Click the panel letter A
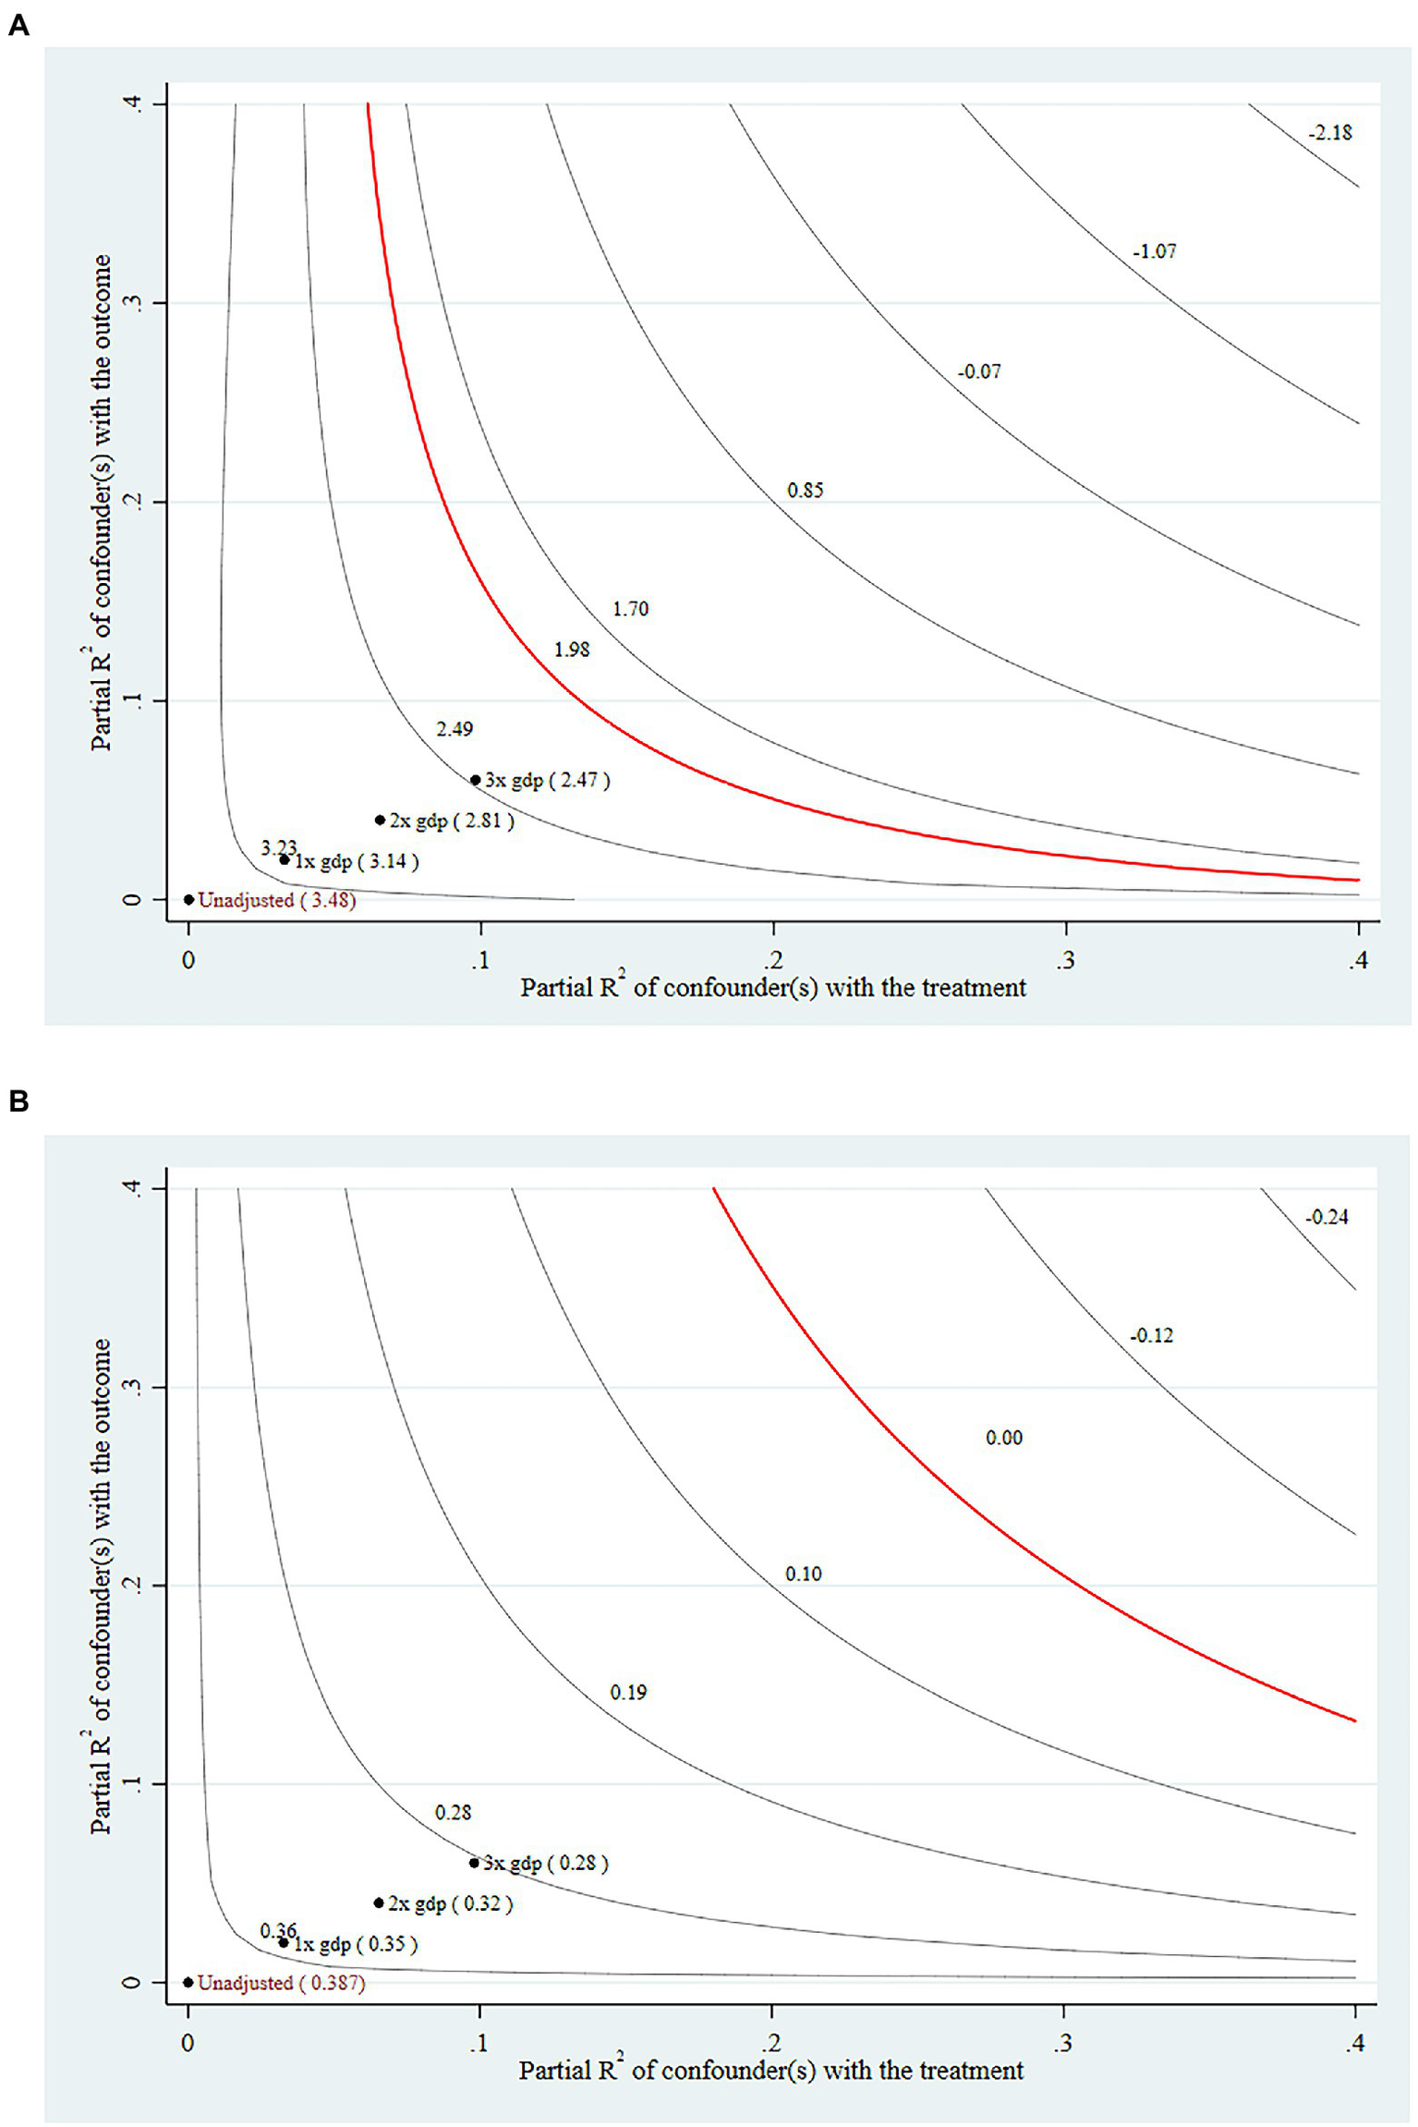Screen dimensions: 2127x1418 pyautogui.click(x=18, y=25)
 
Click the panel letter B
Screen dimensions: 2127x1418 pyautogui.click(x=18, y=1100)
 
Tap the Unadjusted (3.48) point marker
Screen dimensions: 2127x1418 pyautogui.click(x=188, y=899)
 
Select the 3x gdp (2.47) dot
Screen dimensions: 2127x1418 pyautogui.click(x=476, y=780)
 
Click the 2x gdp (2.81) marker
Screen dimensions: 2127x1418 pyautogui.click(x=380, y=820)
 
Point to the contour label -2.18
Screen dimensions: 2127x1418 pyautogui.click(x=1329, y=133)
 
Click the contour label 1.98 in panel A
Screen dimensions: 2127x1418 pyautogui.click(x=572, y=650)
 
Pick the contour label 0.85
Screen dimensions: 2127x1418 pyautogui.click(x=805, y=491)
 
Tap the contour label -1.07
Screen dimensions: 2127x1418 pyautogui.click(x=1154, y=251)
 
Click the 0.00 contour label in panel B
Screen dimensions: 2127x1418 pyautogui.click(x=1003, y=1438)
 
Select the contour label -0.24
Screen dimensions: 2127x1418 pyautogui.click(x=1326, y=1218)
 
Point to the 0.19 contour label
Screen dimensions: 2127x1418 pyautogui.click(x=628, y=1693)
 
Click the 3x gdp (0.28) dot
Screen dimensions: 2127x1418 pyautogui.click(x=474, y=1863)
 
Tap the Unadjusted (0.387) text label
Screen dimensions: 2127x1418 pyautogui.click(x=282, y=1983)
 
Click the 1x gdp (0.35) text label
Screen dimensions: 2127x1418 pyautogui.click(x=356, y=1944)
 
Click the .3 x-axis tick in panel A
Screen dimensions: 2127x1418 pyautogui.click(x=1065, y=960)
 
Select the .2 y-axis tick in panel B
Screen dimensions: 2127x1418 pyautogui.click(x=132, y=1586)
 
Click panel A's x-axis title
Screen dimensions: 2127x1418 pyautogui.click(x=772, y=988)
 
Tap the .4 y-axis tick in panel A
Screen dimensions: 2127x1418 pyautogui.click(x=132, y=103)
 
